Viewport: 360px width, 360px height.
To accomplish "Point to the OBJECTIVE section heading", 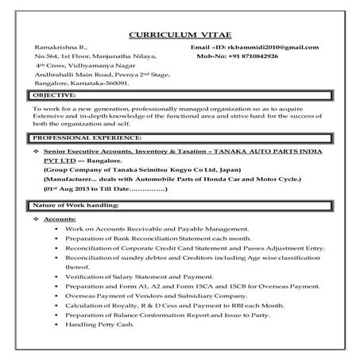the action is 57,94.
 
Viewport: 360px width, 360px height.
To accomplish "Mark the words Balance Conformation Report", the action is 172,314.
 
